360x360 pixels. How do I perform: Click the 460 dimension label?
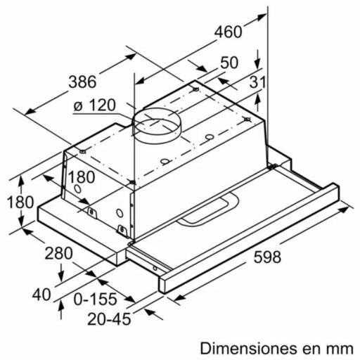[229, 32]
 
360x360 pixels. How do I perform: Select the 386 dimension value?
[82, 82]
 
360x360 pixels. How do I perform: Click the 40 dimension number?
[43, 294]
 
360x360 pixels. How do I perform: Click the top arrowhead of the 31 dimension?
[259, 61]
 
